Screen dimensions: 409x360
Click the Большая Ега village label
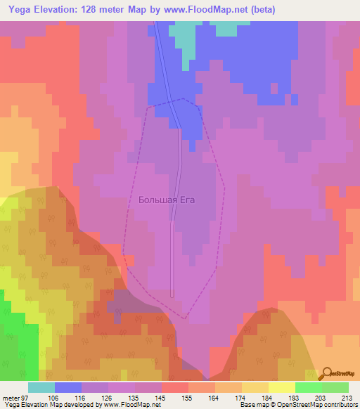(x=166, y=200)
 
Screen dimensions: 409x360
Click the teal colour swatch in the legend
(x=41, y=387)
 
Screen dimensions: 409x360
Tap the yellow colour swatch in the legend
(x=282, y=387)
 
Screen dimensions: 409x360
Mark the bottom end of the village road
(x=172, y=295)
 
